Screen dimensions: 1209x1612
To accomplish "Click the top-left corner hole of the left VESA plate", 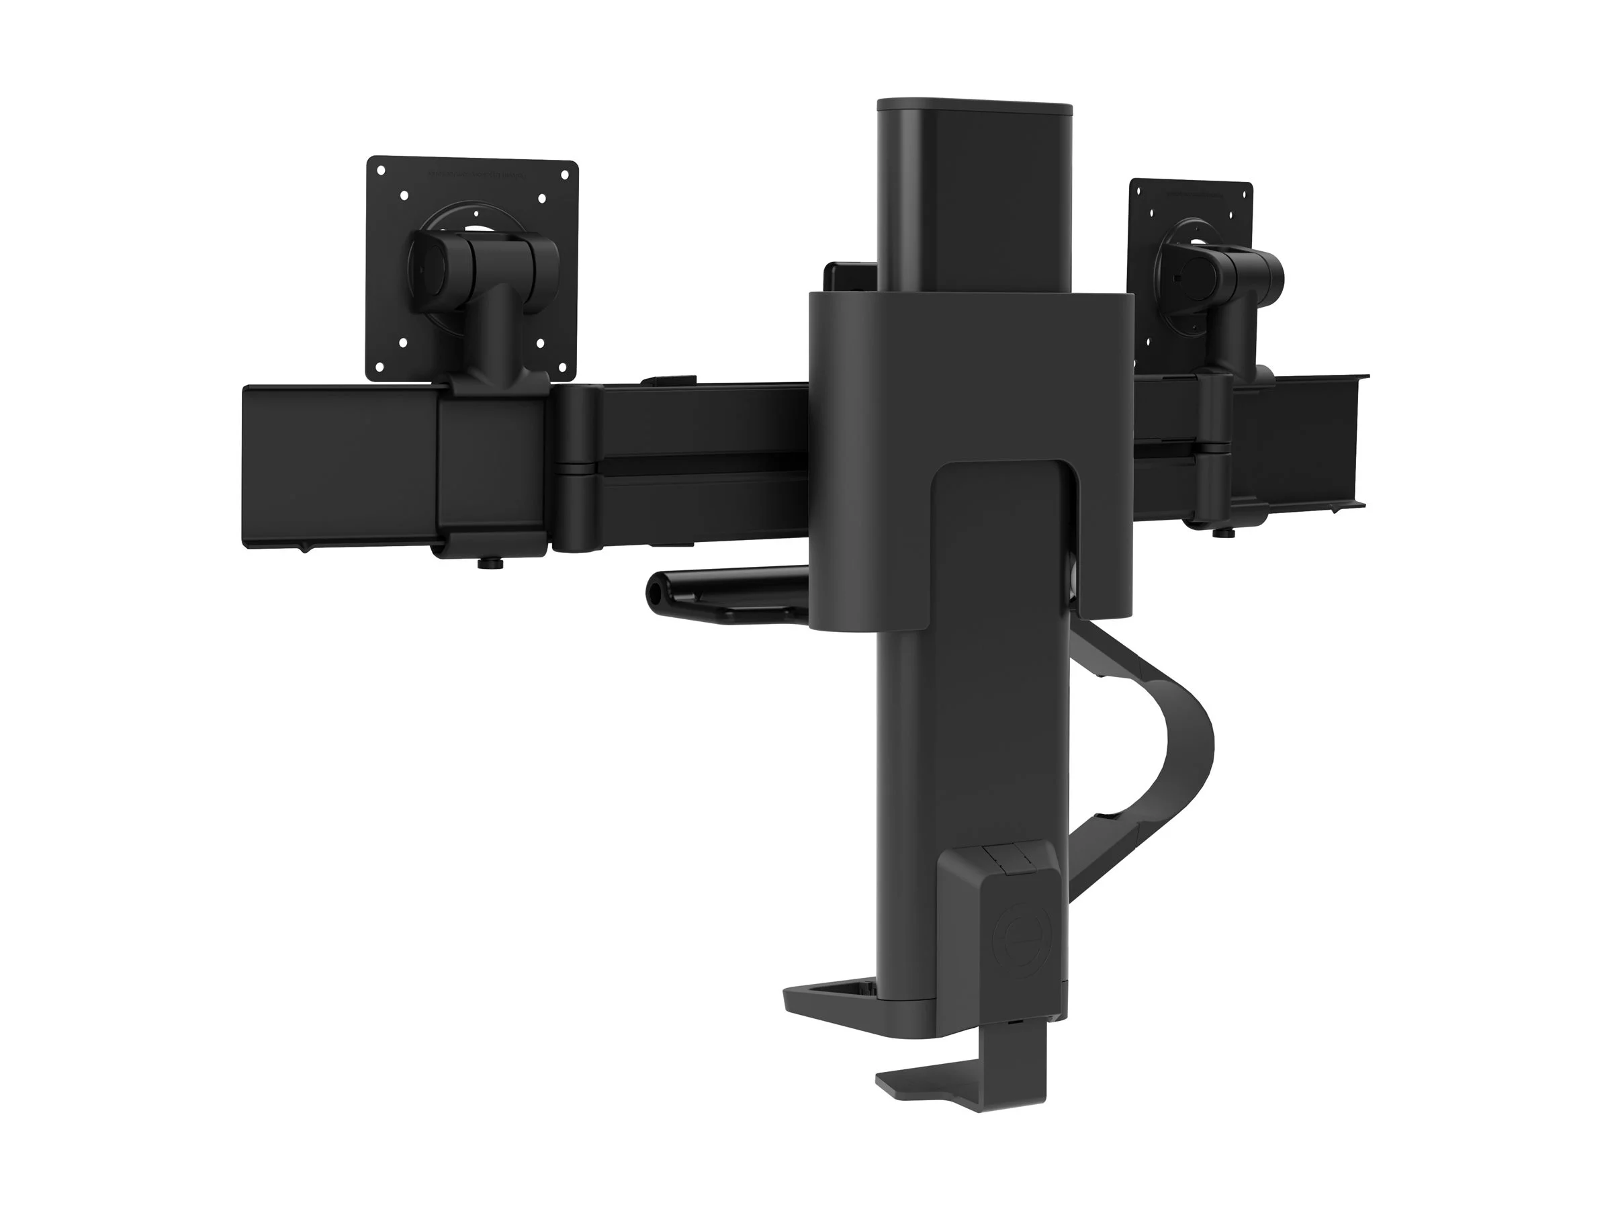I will point(379,170).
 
